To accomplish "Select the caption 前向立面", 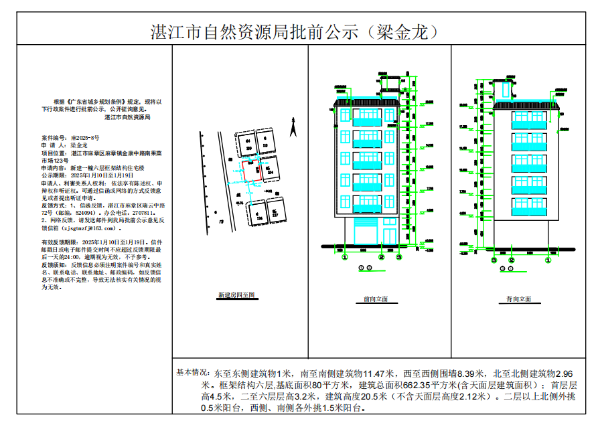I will click(376, 299).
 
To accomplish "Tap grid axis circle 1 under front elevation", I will click(345, 256).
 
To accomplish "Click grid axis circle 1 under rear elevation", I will click(511, 259).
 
